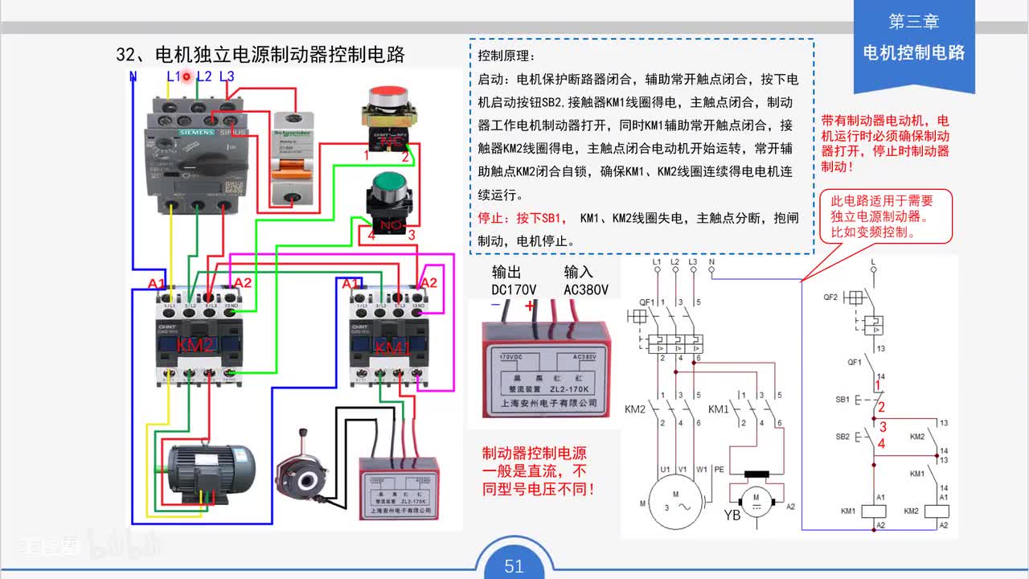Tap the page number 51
[514, 565]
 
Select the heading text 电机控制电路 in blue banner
[913, 53]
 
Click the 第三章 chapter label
[913, 22]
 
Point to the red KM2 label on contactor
[195, 345]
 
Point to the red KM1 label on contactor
[392, 348]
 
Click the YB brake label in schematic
[732, 515]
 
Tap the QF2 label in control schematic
[830, 297]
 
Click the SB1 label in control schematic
[842, 399]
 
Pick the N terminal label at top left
[133, 76]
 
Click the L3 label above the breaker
[227, 76]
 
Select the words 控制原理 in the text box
[505, 56]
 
